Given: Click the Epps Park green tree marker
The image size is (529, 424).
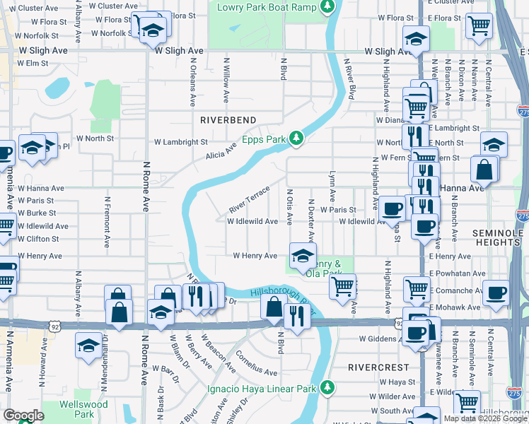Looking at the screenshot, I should pyautogui.click(x=298, y=139).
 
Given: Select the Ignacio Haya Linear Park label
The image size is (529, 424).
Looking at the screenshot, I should pyautogui.click(x=262, y=389).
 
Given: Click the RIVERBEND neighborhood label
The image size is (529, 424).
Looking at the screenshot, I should pyautogui.click(x=228, y=120).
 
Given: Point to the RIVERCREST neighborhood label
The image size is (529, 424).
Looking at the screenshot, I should pyautogui.click(x=378, y=367).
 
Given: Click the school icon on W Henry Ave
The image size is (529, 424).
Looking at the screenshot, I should pyautogui.click(x=303, y=254).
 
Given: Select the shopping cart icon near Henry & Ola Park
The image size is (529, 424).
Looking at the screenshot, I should pyautogui.click(x=343, y=286).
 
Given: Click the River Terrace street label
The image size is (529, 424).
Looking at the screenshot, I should pyautogui.click(x=250, y=201).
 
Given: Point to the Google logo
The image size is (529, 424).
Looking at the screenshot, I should pyautogui.click(x=23, y=416).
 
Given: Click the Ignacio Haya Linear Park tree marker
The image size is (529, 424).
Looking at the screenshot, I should pyautogui.click(x=327, y=387).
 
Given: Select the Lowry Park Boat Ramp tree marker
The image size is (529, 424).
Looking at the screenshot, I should pyautogui.click(x=327, y=7).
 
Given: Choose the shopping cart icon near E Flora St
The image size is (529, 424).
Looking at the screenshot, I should pyautogui.click(x=479, y=25).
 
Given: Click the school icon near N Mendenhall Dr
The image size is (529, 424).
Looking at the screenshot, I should pyautogui.click(x=88, y=346).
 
